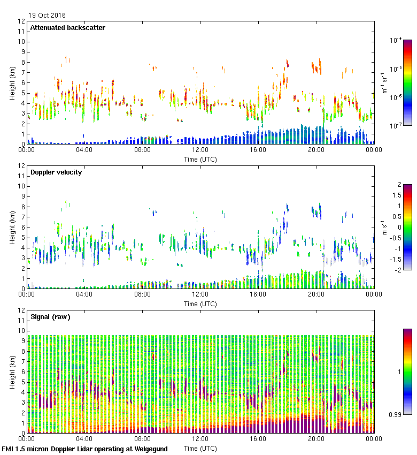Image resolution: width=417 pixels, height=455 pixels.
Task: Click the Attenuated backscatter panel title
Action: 68,28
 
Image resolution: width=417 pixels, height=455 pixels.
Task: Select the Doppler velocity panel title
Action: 56,172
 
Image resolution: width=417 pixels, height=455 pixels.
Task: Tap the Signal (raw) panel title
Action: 50,317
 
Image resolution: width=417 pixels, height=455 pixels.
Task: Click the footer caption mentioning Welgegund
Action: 85,449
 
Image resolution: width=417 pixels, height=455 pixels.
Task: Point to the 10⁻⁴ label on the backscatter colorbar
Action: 396,40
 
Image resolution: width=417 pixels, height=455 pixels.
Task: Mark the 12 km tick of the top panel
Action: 22,21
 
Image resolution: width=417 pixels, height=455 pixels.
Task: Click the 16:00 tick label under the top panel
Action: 258,150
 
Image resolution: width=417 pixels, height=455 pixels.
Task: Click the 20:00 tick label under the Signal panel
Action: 315,439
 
